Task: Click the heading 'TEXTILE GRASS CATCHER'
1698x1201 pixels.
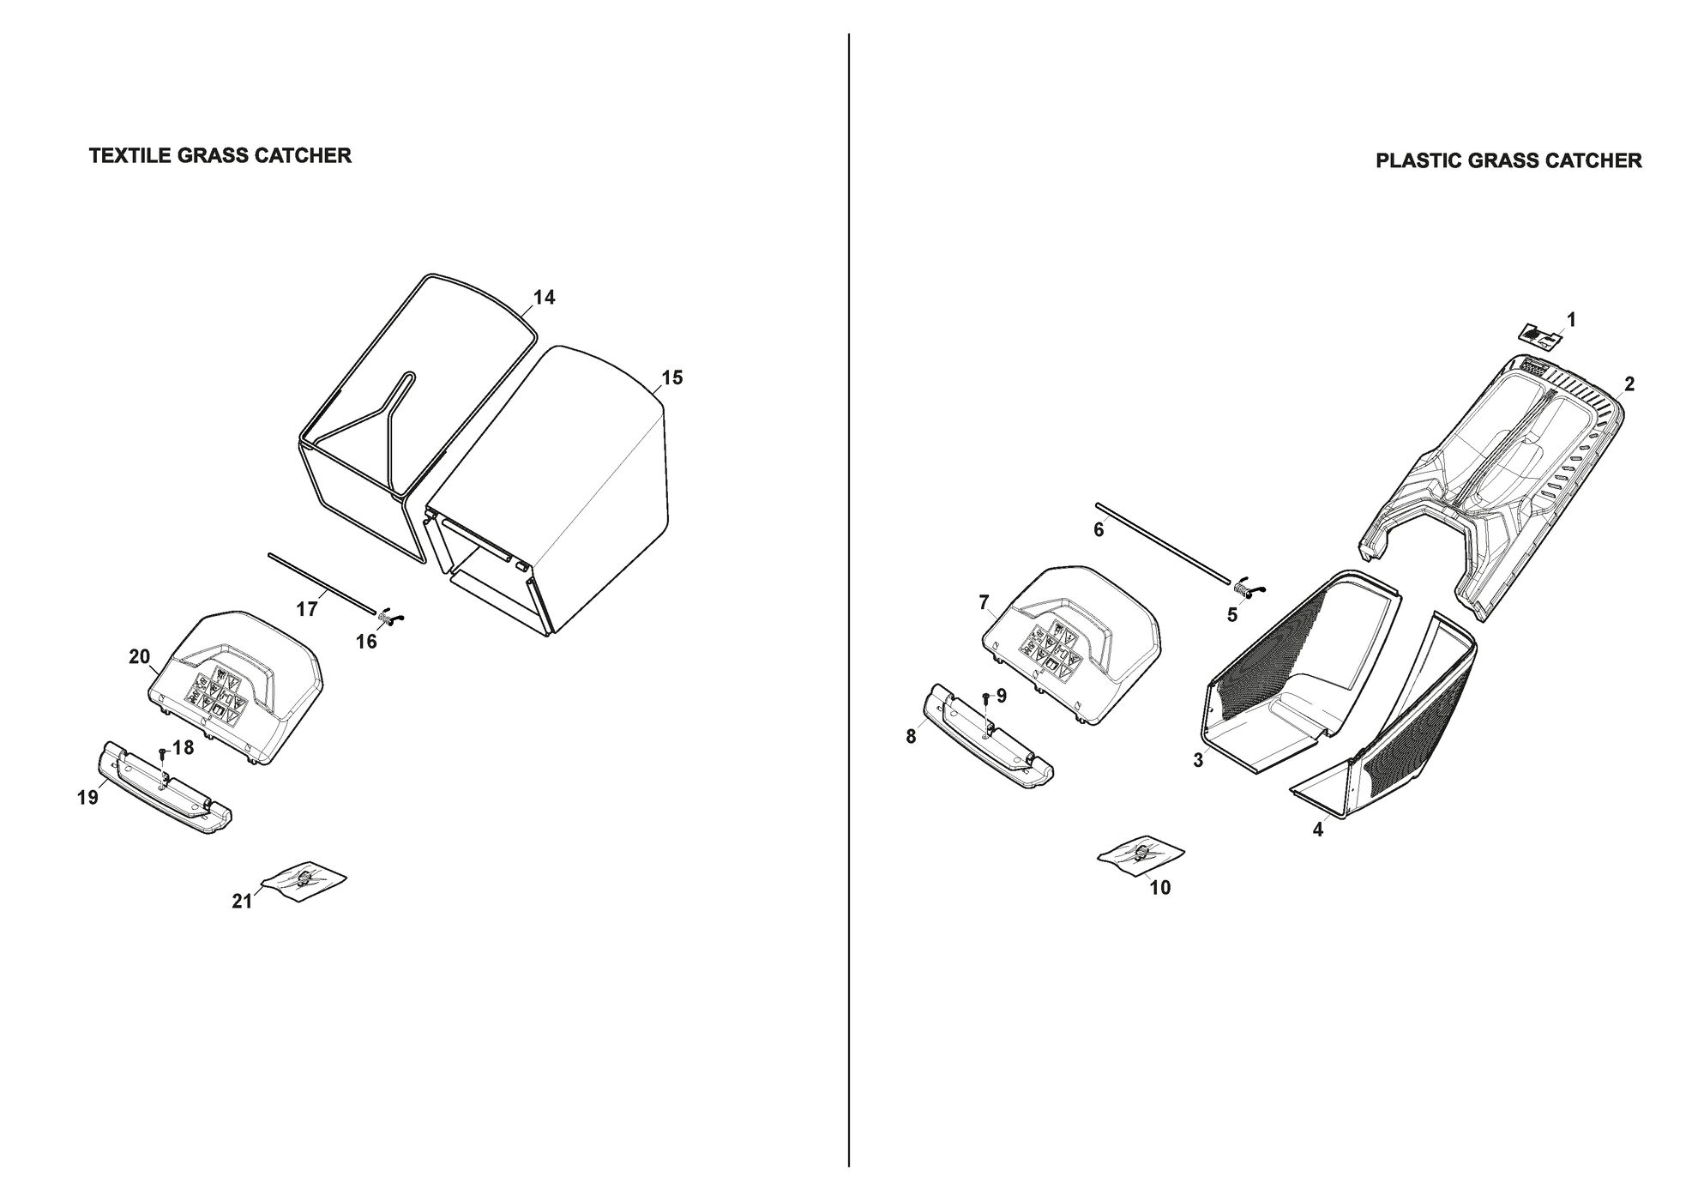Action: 220,155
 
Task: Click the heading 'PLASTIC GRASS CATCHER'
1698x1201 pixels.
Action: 1508,160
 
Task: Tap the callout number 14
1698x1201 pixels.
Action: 544,298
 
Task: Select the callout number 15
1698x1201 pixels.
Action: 672,377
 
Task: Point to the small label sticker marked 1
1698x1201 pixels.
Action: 1541,336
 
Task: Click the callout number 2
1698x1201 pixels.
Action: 1629,384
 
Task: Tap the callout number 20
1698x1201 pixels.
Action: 139,657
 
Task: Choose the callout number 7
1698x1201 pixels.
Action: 984,602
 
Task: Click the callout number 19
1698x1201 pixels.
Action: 87,798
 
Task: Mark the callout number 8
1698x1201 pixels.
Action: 911,737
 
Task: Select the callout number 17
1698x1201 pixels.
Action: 307,609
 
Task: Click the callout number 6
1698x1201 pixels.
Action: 1099,530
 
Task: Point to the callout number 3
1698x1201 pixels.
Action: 1198,760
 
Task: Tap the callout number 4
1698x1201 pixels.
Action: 1318,830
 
